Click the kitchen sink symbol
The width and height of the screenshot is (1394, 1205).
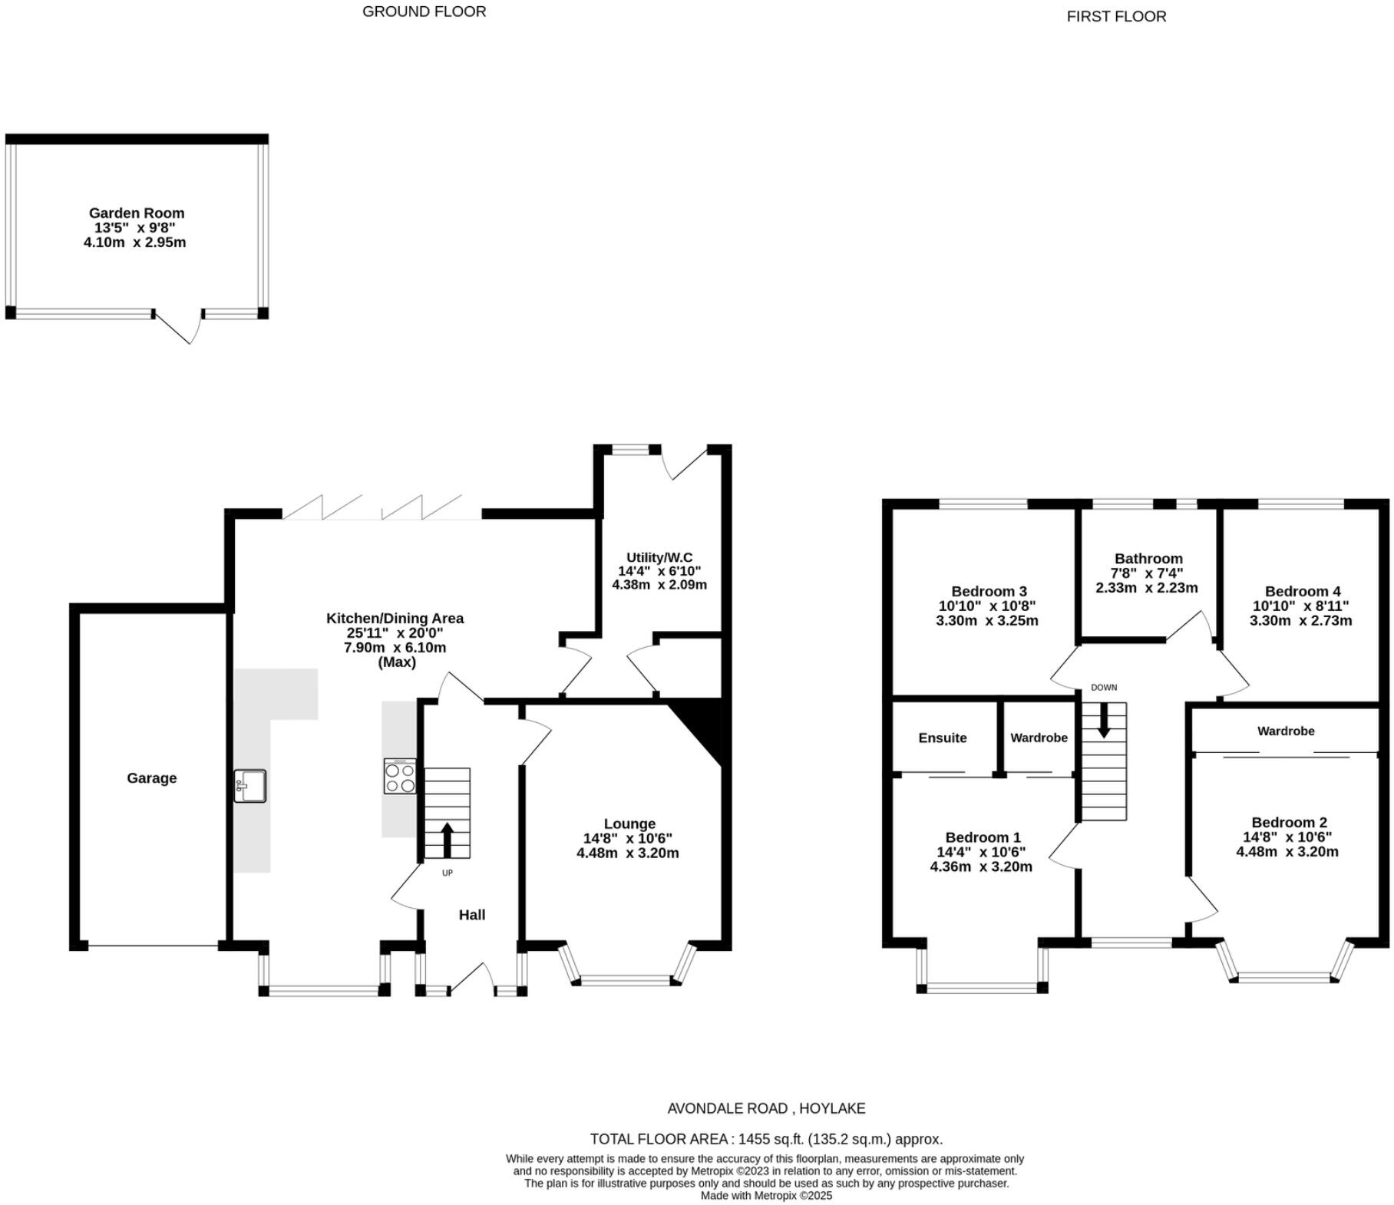250,786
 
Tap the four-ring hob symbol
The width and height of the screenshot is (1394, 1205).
400,776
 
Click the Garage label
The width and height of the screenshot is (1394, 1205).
151,777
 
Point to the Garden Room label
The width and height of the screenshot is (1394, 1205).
137,213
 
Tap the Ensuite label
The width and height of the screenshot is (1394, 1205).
942,738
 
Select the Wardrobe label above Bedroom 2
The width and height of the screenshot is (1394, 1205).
1285,731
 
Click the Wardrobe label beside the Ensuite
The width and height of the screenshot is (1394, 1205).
1039,738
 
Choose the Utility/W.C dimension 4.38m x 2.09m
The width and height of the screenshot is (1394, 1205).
659,584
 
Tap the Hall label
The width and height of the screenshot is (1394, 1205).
471,914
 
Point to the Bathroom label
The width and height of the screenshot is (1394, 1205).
1148,558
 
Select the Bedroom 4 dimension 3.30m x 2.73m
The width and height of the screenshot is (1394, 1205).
1300,620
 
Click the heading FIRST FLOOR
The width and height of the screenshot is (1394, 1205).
1115,16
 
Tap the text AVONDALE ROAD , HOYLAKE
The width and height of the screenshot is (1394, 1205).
765,1108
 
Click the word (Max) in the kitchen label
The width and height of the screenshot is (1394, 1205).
396,662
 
